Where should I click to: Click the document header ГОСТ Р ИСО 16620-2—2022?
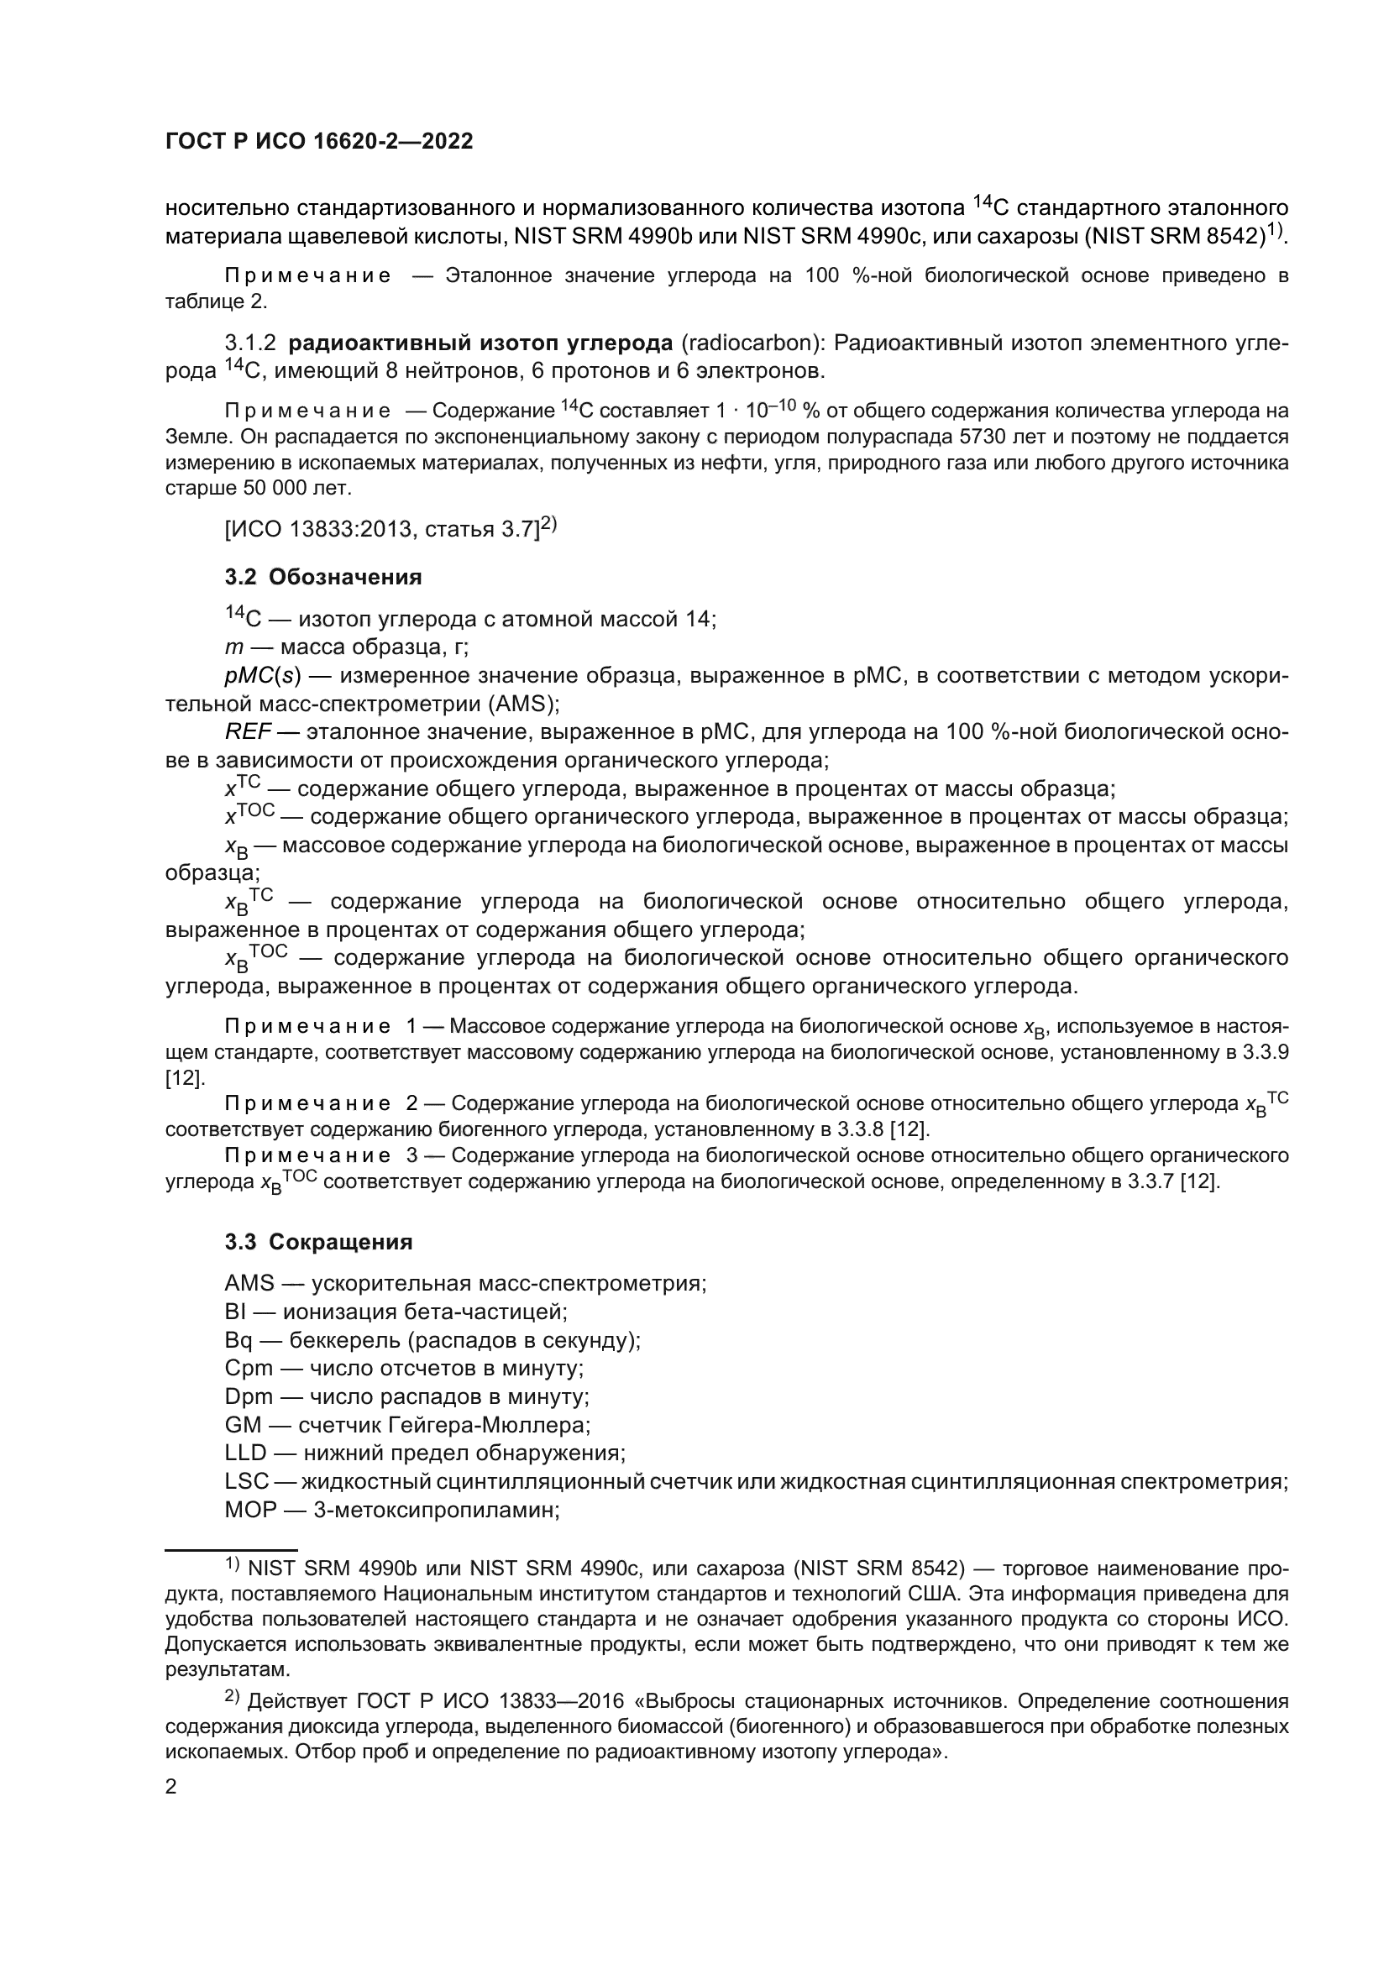coord(318,142)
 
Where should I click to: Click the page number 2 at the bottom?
coord(171,1787)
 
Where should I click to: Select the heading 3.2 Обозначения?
coord(323,578)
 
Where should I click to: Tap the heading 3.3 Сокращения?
coord(318,1242)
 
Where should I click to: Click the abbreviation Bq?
coord(238,1339)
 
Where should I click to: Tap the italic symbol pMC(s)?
coord(264,676)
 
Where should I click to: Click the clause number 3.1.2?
coord(249,344)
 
